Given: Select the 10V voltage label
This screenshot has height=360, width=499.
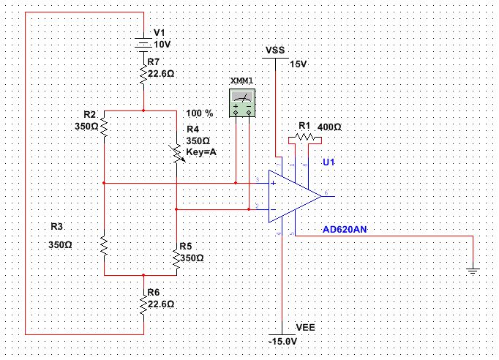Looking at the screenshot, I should (x=162, y=44).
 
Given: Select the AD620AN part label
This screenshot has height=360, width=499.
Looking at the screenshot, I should (x=345, y=230).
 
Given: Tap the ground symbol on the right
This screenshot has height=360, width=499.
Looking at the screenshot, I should (x=473, y=271).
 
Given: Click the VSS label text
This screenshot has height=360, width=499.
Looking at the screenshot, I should (x=275, y=51).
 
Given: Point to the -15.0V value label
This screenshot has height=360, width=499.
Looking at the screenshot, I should (x=282, y=341).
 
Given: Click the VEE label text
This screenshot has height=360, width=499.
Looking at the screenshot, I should (x=305, y=327).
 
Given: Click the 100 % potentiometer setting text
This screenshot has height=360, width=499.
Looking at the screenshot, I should (x=199, y=114).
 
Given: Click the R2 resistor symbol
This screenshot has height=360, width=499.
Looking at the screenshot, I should (x=105, y=127).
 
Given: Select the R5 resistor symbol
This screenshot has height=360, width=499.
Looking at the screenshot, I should (x=177, y=258).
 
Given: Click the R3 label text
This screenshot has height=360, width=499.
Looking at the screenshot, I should (x=58, y=226).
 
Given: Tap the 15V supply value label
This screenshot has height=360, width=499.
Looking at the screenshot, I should (x=299, y=64).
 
